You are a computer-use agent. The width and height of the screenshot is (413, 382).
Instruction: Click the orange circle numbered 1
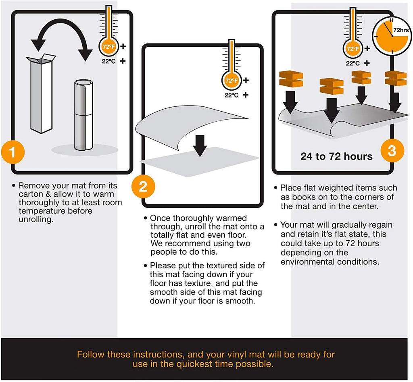coord(13,152)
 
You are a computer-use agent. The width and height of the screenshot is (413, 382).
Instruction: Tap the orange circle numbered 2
coord(143,186)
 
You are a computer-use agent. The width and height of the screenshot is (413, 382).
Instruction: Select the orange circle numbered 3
coord(392,151)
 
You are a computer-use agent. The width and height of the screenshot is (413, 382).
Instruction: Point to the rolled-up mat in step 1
coord(83,115)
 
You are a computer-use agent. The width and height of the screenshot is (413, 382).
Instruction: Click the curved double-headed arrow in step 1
coord(62,23)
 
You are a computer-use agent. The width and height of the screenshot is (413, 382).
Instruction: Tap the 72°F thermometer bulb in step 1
coord(109,47)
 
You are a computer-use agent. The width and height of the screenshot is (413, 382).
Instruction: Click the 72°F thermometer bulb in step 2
coord(232,80)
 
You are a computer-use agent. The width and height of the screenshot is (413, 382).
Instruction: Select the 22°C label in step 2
coord(232,95)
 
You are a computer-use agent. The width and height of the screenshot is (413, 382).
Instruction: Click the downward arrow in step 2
coord(200,146)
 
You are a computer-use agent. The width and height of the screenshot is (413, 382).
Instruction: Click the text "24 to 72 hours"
coord(337,156)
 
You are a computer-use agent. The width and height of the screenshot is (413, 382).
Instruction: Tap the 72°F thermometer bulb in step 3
coord(353,49)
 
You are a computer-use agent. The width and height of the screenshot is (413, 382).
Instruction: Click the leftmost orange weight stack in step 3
coord(291,79)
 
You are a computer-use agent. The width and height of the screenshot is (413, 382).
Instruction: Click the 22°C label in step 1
coord(109,61)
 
